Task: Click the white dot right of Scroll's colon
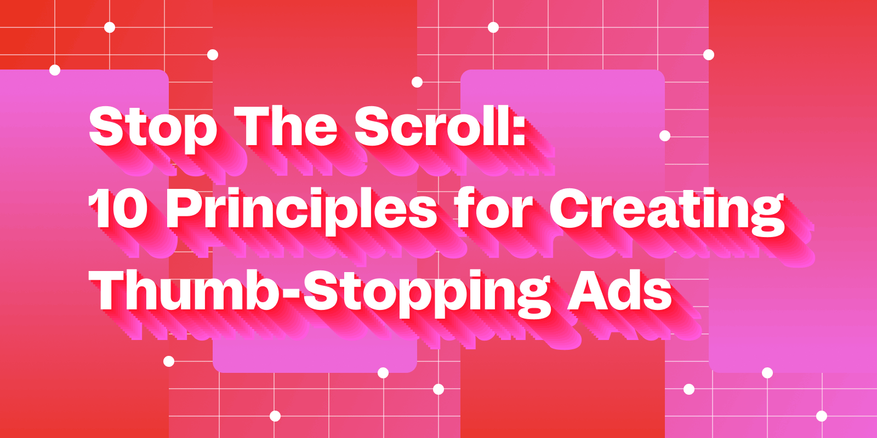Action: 665,136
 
